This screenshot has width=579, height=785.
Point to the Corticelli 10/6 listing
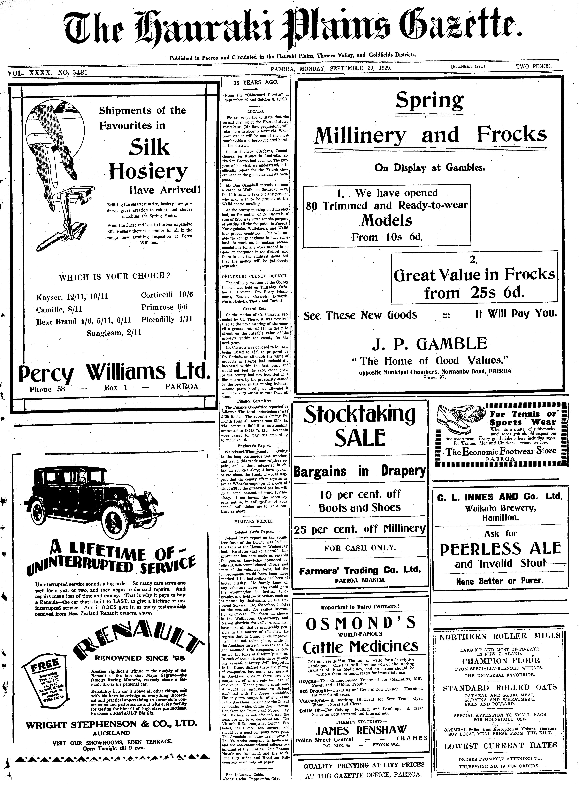coord(167,294)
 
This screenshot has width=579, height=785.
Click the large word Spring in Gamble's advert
coord(429,100)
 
